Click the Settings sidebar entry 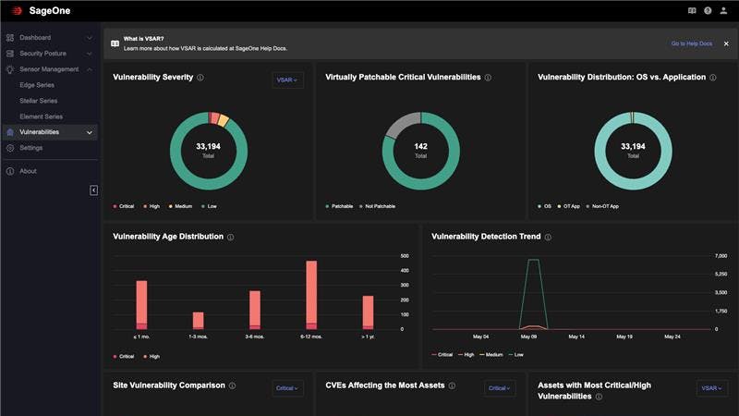[x=30, y=148]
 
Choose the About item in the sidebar [x=28, y=171]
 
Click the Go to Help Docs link [x=691, y=43]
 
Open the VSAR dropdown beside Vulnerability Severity [x=288, y=80]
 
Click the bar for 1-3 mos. [x=198, y=320]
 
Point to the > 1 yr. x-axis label [x=368, y=337]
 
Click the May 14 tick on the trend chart [x=577, y=337]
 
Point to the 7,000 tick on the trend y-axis [x=721, y=255]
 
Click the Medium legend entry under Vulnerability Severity [x=184, y=206]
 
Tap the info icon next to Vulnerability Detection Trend [x=549, y=238]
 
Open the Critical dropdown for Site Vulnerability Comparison [x=288, y=388]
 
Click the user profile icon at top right [x=723, y=11]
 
